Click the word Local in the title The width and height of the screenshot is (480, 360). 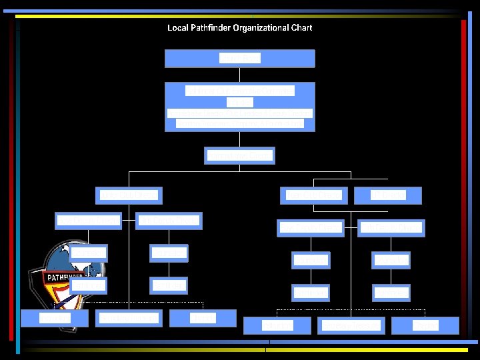tap(177, 28)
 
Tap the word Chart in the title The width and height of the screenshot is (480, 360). tap(301, 28)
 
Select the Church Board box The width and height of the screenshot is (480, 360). tap(240, 58)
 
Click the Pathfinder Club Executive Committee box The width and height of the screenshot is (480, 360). tap(240, 107)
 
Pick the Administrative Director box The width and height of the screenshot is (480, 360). tap(240, 155)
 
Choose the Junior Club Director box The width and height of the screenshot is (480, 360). tap(129, 195)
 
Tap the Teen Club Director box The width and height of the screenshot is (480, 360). tap(313, 195)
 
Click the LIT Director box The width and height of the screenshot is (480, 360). tap(388, 195)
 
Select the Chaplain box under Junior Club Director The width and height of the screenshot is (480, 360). tap(55, 319)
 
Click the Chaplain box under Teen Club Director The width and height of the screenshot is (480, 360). tap(277, 325)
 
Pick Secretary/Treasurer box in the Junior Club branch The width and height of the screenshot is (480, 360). tap(129, 319)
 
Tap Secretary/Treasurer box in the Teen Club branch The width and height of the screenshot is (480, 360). tap(351, 325)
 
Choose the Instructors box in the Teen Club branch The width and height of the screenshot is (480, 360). tap(425, 325)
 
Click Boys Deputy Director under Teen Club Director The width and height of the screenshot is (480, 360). tap(311, 228)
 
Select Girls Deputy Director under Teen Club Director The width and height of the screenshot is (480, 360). tap(391, 228)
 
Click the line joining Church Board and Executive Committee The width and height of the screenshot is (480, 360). tap(240, 75)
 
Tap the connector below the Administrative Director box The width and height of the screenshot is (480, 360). tap(240, 168)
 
